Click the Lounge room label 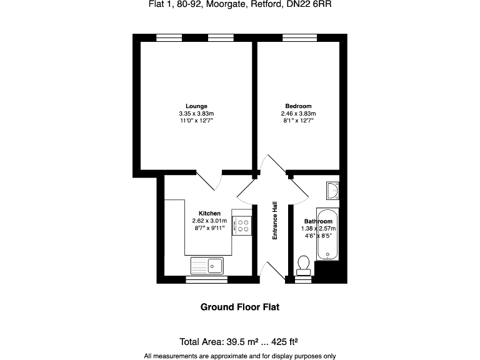click(x=196, y=106)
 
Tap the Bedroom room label click(x=298, y=106)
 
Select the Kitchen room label click(x=209, y=213)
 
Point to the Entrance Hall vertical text click(x=274, y=220)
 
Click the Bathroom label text click(x=318, y=221)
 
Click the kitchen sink click(x=207, y=266)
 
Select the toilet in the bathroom click(x=304, y=264)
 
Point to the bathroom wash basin click(x=332, y=191)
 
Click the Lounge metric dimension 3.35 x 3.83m click(x=196, y=113)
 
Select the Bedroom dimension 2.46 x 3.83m click(x=298, y=113)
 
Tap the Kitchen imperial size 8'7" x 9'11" click(x=209, y=228)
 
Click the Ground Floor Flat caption click(x=239, y=307)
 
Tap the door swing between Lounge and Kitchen click(x=211, y=181)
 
